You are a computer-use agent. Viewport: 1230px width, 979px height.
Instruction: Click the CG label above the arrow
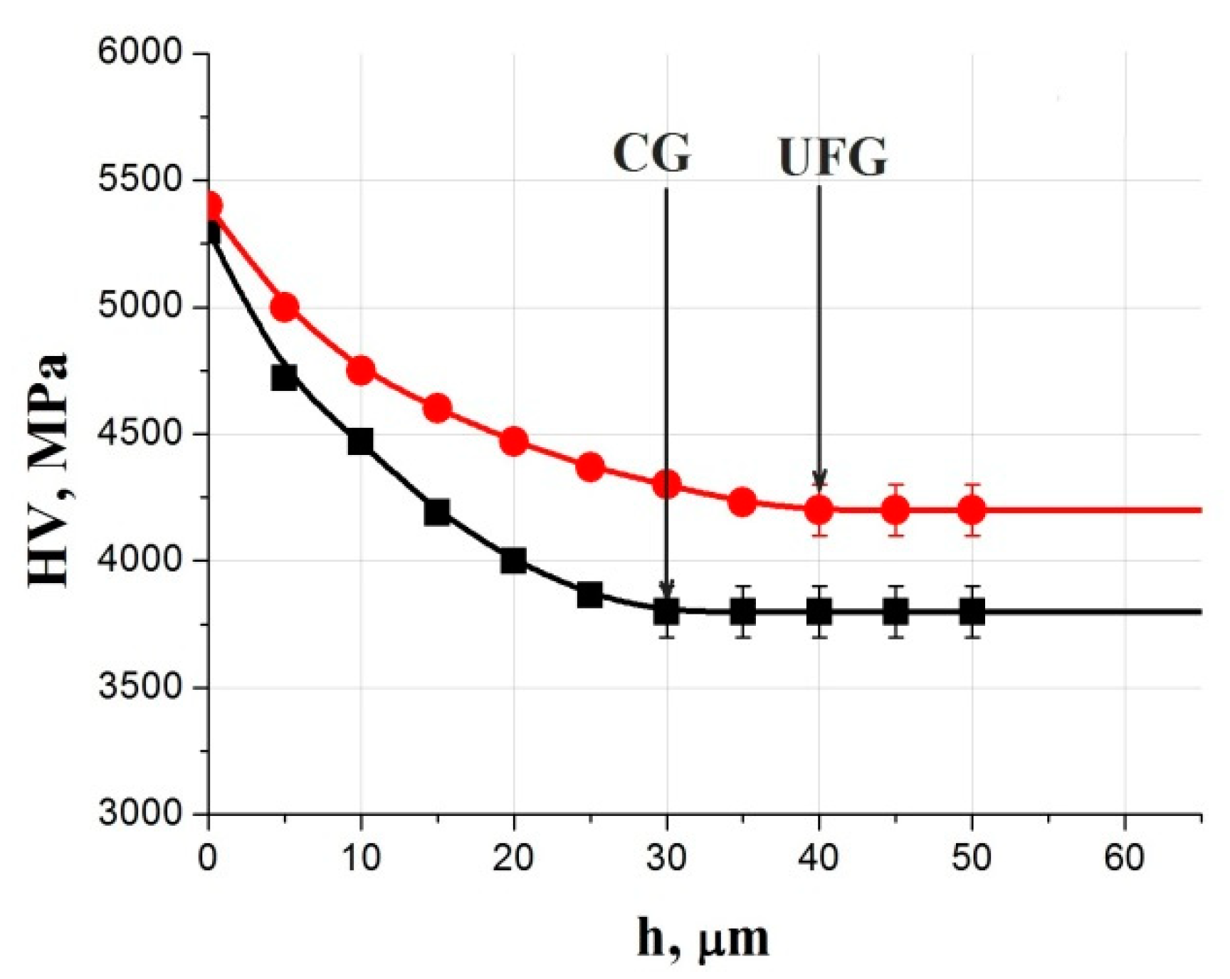(x=651, y=154)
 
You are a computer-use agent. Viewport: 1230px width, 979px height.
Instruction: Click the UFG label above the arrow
(x=832, y=157)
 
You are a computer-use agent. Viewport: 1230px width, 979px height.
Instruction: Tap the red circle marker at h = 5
(x=285, y=308)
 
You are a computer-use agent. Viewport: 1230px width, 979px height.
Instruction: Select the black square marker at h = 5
(x=285, y=377)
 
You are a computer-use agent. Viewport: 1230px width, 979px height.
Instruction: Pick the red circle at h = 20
(x=514, y=441)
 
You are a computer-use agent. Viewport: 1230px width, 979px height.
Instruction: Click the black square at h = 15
(x=437, y=512)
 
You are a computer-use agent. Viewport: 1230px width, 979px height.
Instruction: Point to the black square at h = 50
(x=972, y=611)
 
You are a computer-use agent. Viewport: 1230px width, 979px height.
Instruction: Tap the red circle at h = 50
(x=972, y=509)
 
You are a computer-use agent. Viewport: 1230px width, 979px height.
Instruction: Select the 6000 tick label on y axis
(x=140, y=53)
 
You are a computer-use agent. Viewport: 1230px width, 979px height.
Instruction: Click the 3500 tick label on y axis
(x=140, y=687)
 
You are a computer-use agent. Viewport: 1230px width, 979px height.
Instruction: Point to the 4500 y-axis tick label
(x=140, y=434)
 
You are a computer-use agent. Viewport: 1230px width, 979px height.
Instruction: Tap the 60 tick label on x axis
(x=1125, y=858)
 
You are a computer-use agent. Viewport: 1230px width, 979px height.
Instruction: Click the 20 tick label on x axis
(x=513, y=858)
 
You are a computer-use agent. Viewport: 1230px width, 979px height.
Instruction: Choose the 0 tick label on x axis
(x=208, y=858)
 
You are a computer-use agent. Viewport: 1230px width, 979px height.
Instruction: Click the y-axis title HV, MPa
(x=48, y=470)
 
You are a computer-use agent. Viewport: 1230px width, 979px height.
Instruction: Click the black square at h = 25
(x=590, y=595)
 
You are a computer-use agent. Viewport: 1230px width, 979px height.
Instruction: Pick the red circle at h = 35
(x=742, y=502)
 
